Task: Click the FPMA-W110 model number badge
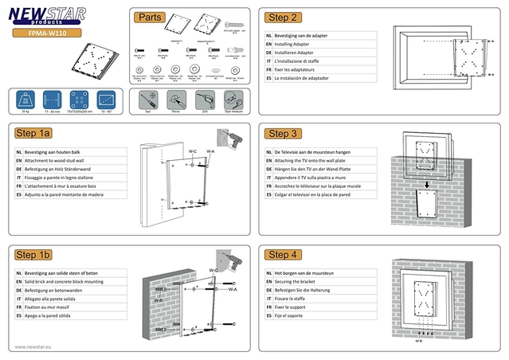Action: pos(49,33)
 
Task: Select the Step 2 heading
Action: pos(284,18)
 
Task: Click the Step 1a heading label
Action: pos(33,134)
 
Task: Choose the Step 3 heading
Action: pos(284,134)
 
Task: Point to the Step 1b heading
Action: pos(33,255)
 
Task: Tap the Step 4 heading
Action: pos(284,255)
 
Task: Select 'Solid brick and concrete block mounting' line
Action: pos(64,282)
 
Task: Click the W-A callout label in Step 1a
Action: pos(210,151)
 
